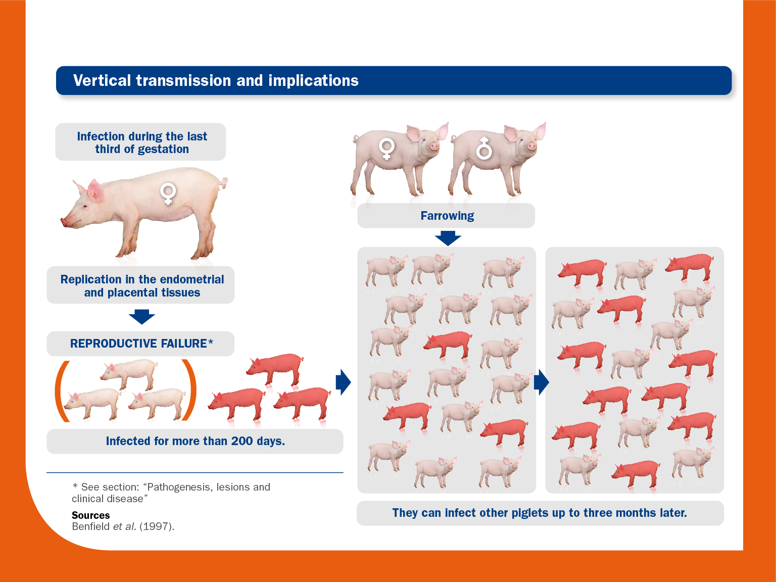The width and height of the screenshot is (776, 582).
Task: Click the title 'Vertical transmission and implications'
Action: coord(216,80)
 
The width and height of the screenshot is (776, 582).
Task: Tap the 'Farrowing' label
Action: coord(447,216)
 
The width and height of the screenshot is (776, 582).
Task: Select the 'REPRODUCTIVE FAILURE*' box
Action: coord(141,344)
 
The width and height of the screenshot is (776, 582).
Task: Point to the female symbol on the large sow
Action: coord(168,193)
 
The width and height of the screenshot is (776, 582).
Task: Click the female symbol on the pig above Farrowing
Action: coord(387,149)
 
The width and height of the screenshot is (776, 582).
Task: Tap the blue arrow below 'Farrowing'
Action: coord(448,238)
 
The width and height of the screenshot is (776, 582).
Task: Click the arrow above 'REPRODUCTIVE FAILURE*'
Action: coord(142,317)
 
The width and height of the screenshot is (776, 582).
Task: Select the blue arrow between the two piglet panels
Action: coord(541,382)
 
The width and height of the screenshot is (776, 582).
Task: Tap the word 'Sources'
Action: coord(90,515)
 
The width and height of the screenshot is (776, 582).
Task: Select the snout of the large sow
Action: coord(65,222)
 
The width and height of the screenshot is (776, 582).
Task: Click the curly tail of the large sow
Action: coord(224,183)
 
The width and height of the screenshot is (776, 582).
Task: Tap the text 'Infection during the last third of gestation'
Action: coord(142,142)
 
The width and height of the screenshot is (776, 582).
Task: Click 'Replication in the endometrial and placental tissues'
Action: coord(142,286)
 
